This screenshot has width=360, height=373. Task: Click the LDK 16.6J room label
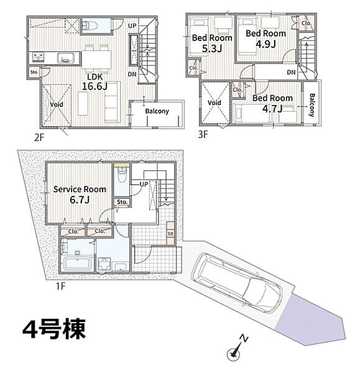(95, 81)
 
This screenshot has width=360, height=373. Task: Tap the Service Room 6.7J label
(80, 195)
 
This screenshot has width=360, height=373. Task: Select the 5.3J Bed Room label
(212, 43)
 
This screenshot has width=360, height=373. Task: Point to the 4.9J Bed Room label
(265, 39)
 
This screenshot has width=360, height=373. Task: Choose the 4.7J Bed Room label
(272, 103)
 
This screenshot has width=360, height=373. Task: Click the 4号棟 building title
(54, 329)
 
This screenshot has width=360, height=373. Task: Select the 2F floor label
(39, 137)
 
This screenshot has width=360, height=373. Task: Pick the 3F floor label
(203, 135)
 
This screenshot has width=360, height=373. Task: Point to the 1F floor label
(60, 286)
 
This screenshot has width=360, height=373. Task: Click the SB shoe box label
(170, 234)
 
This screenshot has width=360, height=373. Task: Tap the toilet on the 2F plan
(90, 25)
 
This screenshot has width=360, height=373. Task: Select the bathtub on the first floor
(77, 264)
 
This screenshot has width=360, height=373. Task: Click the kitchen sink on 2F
(66, 58)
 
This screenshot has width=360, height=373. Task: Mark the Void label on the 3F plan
(214, 103)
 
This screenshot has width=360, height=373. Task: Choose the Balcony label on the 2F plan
(157, 111)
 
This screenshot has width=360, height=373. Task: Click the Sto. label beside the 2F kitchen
(34, 72)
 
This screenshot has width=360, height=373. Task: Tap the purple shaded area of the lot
(310, 320)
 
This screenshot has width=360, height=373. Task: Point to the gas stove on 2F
(38, 58)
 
